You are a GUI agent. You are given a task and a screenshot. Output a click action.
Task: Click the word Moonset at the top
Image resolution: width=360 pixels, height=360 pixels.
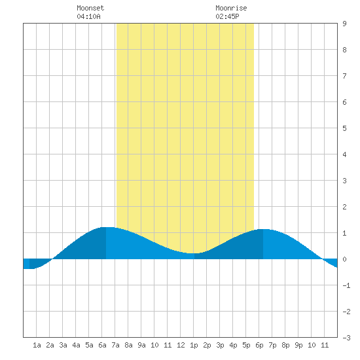[x=90, y=8]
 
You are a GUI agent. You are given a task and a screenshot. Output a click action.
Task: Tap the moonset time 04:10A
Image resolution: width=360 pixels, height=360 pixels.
[x=88, y=16]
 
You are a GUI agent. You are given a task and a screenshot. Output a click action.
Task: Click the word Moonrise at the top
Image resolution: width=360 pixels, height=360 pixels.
[x=231, y=8]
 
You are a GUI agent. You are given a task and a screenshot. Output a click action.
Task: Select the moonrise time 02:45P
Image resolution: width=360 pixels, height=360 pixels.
[x=227, y=16]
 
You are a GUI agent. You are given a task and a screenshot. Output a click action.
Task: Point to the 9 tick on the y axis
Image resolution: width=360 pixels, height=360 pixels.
[x=344, y=24]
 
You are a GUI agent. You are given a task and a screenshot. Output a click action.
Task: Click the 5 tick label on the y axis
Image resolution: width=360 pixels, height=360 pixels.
[x=344, y=128]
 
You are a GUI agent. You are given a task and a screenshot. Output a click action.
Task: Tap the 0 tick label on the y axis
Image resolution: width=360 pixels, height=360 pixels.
[x=344, y=259]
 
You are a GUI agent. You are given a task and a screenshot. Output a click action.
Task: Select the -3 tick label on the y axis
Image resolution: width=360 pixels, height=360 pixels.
[x=346, y=338]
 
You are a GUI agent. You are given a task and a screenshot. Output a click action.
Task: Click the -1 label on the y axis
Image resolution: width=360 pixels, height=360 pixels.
[x=346, y=285]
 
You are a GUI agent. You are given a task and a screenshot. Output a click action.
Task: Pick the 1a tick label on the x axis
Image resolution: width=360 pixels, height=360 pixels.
[x=37, y=345]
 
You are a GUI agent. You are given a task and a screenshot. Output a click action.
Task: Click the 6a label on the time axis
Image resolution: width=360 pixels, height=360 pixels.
[x=102, y=345]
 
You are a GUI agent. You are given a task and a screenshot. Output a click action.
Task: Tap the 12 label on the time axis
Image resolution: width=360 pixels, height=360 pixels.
[x=181, y=345]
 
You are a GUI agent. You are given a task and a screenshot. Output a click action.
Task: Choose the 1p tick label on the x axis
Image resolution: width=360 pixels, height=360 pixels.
[x=194, y=345]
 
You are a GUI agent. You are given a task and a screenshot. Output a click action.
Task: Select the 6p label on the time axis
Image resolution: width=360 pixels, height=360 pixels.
[x=259, y=345]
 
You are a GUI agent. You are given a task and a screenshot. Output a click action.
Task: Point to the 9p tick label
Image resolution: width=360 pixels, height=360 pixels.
[x=298, y=345]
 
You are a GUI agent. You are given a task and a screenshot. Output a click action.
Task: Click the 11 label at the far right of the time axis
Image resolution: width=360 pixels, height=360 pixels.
[x=325, y=345]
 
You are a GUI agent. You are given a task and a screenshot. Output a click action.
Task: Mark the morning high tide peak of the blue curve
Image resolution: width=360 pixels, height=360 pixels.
[x=106, y=227]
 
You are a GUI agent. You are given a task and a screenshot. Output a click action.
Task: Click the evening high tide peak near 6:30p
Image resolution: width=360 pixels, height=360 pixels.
[x=263, y=229]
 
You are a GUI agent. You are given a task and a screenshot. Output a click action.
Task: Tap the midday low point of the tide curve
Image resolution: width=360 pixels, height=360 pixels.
[x=194, y=253]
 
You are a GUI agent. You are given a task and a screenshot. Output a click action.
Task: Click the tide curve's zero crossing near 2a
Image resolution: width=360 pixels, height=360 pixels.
[x=52, y=259]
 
